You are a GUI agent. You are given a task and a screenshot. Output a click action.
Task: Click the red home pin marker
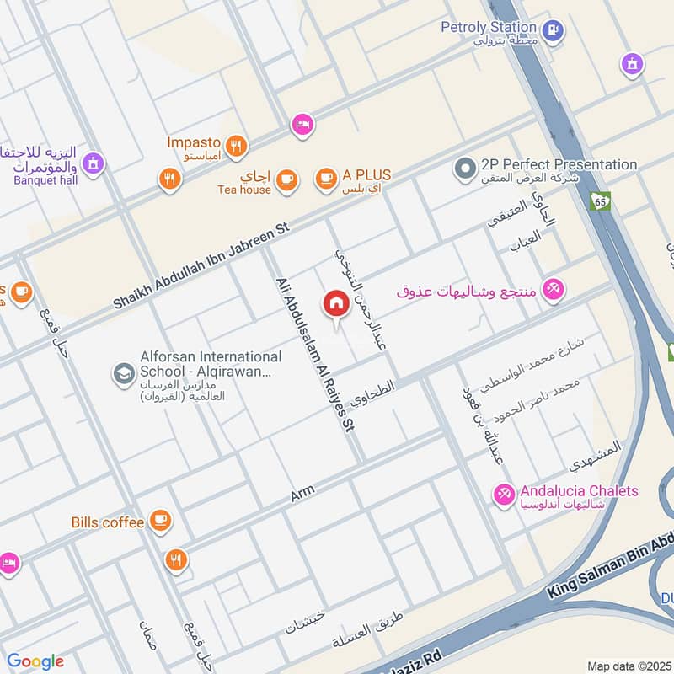[335, 304]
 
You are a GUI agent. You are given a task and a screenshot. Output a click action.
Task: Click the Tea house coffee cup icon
[287, 179]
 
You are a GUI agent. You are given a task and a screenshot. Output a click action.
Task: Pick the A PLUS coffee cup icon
[325, 178]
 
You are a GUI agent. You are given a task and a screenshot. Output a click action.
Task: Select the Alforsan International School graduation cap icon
[124, 372]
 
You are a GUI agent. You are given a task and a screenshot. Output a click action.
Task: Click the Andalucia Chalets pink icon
[504, 495]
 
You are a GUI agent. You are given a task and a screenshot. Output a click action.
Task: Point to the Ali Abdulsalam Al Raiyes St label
[313, 356]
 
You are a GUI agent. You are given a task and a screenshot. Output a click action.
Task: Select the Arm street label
[302, 496]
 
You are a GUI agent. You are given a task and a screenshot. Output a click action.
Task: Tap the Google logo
[35, 661]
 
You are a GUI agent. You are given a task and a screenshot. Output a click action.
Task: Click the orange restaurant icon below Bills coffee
[175, 559]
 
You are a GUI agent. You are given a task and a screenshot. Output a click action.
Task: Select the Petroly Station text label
[489, 27]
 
